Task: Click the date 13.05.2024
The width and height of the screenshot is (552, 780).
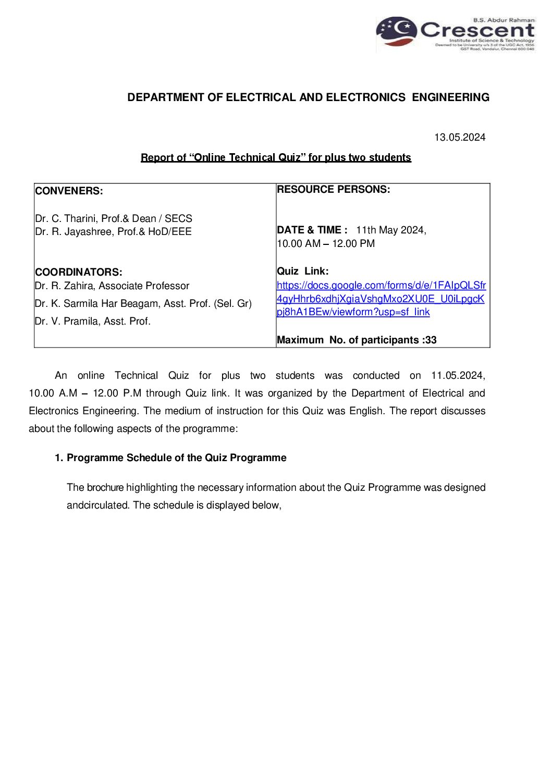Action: [460, 138]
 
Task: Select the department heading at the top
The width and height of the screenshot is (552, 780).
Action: [308, 97]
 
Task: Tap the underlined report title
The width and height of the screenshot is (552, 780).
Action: [276, 158]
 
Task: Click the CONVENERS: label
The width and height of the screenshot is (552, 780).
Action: [69, 191]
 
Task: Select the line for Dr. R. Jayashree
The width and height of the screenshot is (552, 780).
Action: [113, 232]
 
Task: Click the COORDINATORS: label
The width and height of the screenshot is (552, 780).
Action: [79, 273]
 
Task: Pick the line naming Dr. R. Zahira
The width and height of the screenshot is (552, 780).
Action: [112, 286]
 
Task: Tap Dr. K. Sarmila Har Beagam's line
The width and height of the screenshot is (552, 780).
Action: [143, 304]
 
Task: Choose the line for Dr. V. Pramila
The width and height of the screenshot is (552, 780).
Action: [93, 321]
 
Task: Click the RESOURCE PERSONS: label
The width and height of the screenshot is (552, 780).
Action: [333, 190]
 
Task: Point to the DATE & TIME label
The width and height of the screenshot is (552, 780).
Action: [312, 230]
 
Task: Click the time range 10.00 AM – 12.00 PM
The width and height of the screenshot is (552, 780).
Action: [326, 244]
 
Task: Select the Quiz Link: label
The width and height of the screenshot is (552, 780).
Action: [303, 271]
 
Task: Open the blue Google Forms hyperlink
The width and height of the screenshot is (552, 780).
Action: [381, 299]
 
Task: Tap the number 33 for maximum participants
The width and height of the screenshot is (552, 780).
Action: [431, 340]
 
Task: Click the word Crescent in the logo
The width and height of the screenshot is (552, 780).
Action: [477, 30]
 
